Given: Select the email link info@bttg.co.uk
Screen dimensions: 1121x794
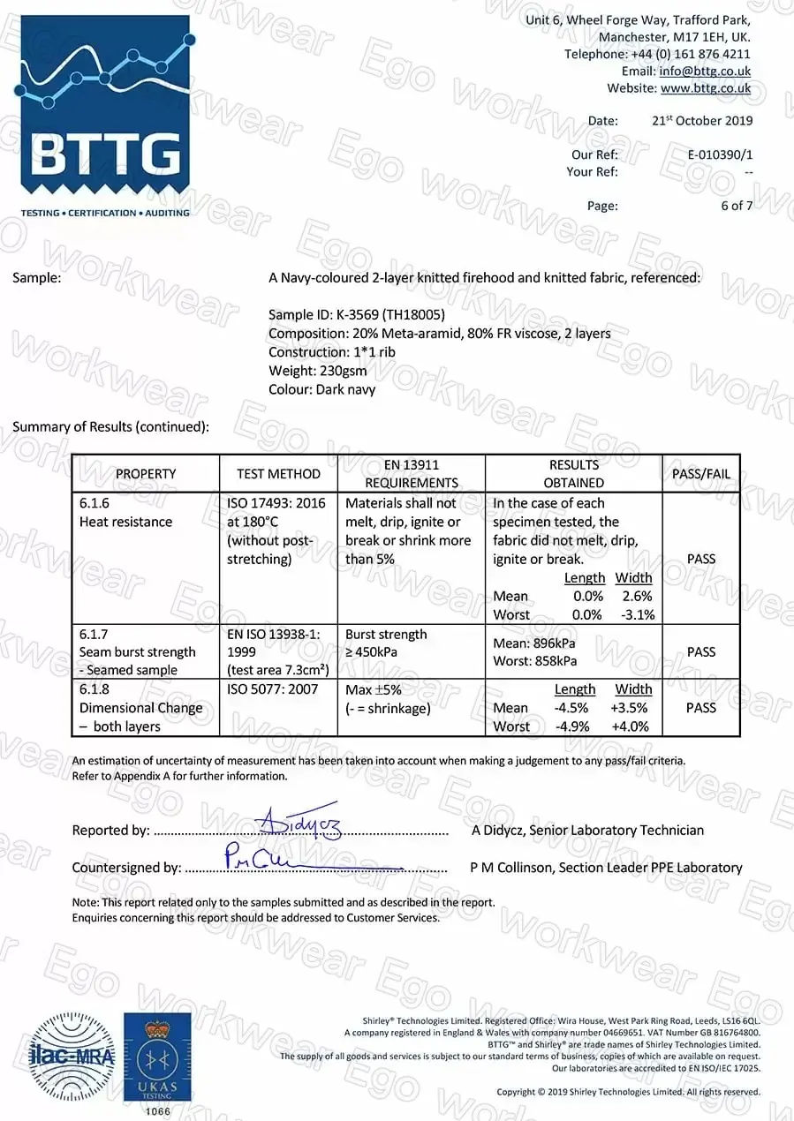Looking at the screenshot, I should [705, 71].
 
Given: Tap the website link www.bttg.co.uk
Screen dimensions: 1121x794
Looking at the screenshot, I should [705, 88].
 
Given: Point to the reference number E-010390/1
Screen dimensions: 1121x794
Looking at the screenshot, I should [720, 154].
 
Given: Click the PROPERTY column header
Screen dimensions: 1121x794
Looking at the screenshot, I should [146, 474].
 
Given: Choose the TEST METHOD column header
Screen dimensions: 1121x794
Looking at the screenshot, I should [278, 474].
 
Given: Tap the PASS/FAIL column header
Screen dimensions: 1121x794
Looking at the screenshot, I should [700, 474].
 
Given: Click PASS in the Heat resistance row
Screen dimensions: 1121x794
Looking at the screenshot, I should [700, 559].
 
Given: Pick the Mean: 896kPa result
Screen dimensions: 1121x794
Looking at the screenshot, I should [535, 643].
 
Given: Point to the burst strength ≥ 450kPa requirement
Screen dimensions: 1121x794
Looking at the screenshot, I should [386, 643].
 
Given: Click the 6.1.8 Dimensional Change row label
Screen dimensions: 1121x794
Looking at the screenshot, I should [141, 708].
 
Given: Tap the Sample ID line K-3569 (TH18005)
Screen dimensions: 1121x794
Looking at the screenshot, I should [356, 315].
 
